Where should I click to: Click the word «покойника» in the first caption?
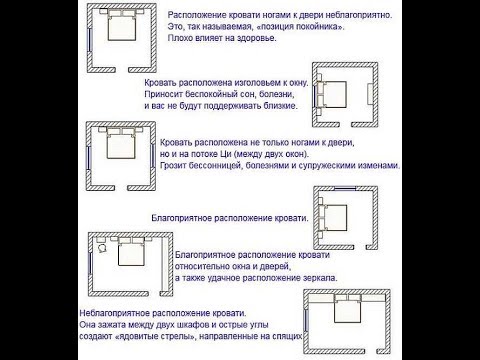click(316, 27)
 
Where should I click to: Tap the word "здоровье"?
click(257, 38)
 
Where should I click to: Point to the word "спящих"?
click(287, 337)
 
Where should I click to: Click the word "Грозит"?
click(173, 166)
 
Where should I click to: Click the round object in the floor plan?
click(103, 249)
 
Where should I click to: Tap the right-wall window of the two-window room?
click(152, 155)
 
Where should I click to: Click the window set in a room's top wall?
click(345, 188)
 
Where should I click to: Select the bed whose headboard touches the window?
click(333, 94)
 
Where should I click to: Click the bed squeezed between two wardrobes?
click(348, 311)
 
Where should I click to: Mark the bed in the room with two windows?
click(121, 146)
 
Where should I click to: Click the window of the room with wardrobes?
click(306, 321)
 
